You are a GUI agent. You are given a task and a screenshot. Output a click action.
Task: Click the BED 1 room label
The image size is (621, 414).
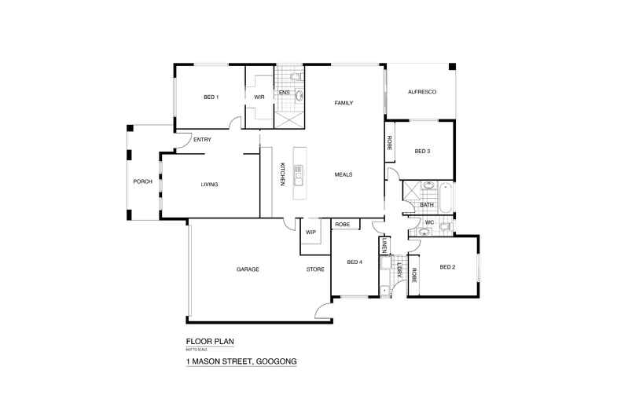[x=211, y=97]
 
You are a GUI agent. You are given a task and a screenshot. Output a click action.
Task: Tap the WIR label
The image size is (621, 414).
[x=259, y=97]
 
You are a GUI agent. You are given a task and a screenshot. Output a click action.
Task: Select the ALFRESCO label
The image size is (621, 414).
[x=421, y=92]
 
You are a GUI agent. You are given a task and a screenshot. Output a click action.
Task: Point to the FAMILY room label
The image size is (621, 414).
[x=344, y=103]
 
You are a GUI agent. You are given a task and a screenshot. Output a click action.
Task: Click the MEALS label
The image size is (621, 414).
[x=343, y=174]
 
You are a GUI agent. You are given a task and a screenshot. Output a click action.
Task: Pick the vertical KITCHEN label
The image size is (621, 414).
[x=281, y=174]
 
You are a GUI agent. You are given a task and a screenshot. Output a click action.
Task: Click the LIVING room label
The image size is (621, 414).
[x=209, y=185]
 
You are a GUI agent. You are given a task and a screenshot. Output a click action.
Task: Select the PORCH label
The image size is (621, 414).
[x=142, y=181]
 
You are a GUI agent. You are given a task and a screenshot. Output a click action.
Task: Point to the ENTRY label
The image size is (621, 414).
[x=202, y=140]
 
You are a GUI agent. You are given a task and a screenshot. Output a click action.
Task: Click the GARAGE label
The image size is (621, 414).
[x=248, y=269]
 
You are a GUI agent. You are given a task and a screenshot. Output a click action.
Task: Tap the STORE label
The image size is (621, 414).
[x=314, y=269]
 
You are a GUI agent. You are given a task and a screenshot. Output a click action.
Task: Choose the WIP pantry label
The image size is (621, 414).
[x=310, y=233]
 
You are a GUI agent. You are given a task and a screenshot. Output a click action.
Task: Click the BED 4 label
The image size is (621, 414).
[x=355, y=262]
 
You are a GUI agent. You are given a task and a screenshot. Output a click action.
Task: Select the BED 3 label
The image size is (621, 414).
[x=422, y=151]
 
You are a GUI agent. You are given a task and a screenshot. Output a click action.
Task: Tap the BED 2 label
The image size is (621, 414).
[x=447, y=267]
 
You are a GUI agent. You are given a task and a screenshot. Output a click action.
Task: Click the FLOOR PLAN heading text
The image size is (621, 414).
[x=210, y=342]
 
